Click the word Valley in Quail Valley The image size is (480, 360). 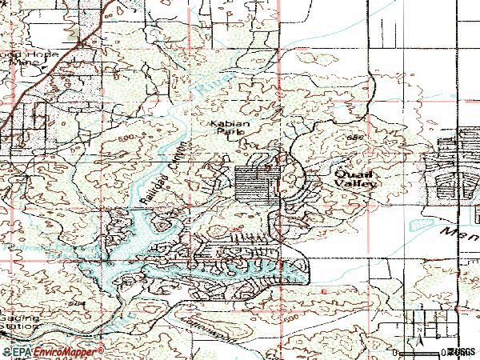tap(356, 182)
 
